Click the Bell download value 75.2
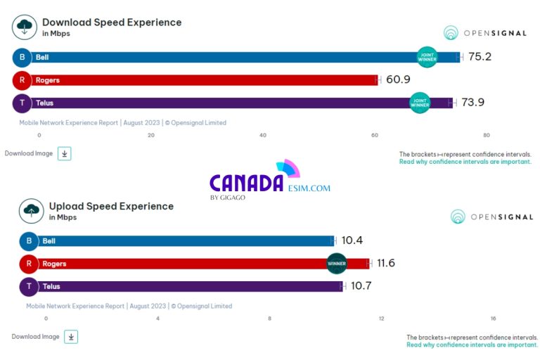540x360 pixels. [x=480, y=57]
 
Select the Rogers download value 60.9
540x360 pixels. [x=398, y=79]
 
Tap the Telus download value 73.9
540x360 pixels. [x=472, y=103]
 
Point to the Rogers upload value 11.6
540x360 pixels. [x=386, y=263]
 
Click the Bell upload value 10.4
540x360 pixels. [x=352, y=240]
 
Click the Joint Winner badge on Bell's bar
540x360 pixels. [x=427, y=57]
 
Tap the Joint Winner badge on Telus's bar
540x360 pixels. [x=420, y=103]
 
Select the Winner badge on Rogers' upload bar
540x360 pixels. [x=337, y=263]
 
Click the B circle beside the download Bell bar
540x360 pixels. [x=22, y=57]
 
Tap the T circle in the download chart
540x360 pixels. [x=22, y=103]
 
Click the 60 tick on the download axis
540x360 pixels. [x=374, y=135]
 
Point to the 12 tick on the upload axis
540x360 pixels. [x=381, y=319]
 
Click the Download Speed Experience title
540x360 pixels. [x=112, y=22]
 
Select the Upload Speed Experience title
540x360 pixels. [x=111, y=206]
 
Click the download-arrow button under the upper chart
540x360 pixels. [x=64, y=153]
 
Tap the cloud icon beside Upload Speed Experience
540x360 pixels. [x=31, y=210]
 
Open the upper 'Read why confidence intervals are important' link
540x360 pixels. [x=465, y=162]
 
